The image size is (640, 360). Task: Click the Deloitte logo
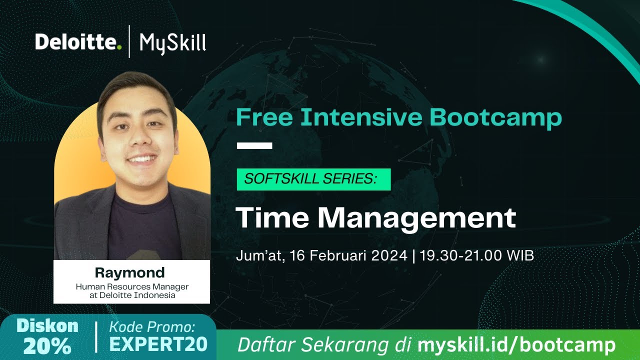point(78,42)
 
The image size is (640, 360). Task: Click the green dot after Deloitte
point(119,48)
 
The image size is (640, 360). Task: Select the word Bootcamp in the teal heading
point(495,117)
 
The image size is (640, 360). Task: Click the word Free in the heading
point(263,117)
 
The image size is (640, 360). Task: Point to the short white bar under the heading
point(254,146)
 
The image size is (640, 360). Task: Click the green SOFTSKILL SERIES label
point(313,179)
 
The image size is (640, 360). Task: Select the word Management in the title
point(416,218)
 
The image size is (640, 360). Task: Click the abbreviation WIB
point(520,255)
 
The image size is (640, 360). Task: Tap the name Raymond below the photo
point(129,273)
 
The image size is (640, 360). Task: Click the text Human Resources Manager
point(132,287)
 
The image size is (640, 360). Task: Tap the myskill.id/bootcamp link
point(516,345)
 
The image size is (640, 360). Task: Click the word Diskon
point(47,326)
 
